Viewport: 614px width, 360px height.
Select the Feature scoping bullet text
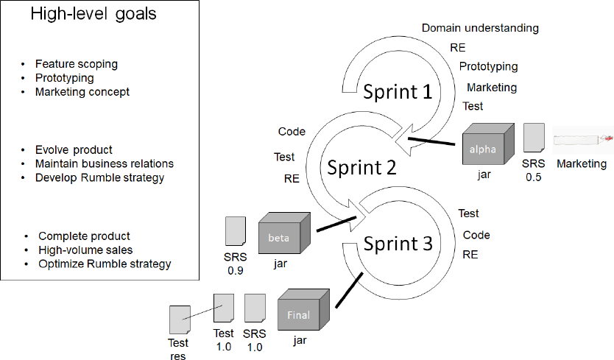[x=76, y=64]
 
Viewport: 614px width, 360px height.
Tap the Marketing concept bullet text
[x=82, y=92]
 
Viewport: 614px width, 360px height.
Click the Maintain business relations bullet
[x=104, y=163]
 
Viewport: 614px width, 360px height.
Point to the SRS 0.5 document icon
[x=534, y=138]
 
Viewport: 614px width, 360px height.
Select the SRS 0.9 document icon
[x=236, y=231]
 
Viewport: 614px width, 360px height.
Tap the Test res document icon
[x=179, y=320]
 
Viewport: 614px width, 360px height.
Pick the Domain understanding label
[x=480, y=28]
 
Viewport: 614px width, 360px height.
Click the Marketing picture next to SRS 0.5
[x=582, y=138]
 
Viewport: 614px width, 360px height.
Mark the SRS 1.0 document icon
[x=254, y=306]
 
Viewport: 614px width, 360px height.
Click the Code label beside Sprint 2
[x=292, y=132]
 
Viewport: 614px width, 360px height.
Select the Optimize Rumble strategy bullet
[x=105, y=264]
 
